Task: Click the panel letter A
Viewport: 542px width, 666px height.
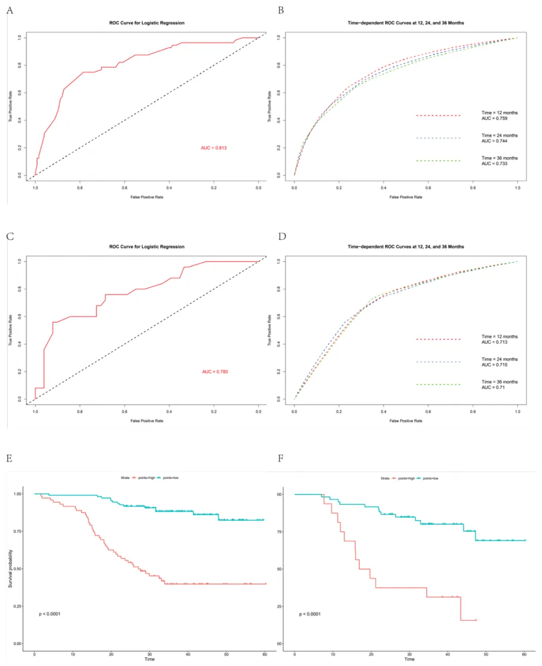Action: (x=9, y=11)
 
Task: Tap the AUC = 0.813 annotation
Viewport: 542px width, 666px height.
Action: (x=214, y=147)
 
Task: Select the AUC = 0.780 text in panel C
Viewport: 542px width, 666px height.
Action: (x=214, y=371)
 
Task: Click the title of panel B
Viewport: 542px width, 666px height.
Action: (x=406, y=23)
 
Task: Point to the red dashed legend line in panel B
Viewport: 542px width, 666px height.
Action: (x=438, y=115)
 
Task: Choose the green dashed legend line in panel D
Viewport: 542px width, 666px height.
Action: (x=438, y=384)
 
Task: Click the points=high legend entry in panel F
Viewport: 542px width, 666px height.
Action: (x=411, y=478)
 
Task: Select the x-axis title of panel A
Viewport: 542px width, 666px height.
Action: (x=147, y=197)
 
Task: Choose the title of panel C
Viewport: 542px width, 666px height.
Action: (x=147, y=247)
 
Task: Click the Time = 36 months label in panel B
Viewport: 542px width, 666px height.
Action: (x=499, y=158)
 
